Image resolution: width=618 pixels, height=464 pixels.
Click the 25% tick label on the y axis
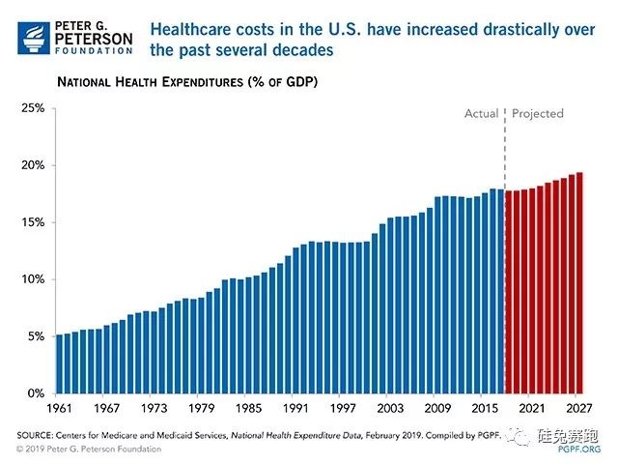(33, 108)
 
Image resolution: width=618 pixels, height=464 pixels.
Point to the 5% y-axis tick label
(36, 336)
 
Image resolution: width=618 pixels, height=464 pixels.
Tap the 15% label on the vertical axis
(33, 222)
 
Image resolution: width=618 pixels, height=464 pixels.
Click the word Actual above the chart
(481, 114)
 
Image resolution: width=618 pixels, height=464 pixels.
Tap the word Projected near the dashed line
(538, 114)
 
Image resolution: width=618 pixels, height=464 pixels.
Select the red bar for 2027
(578, 283)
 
